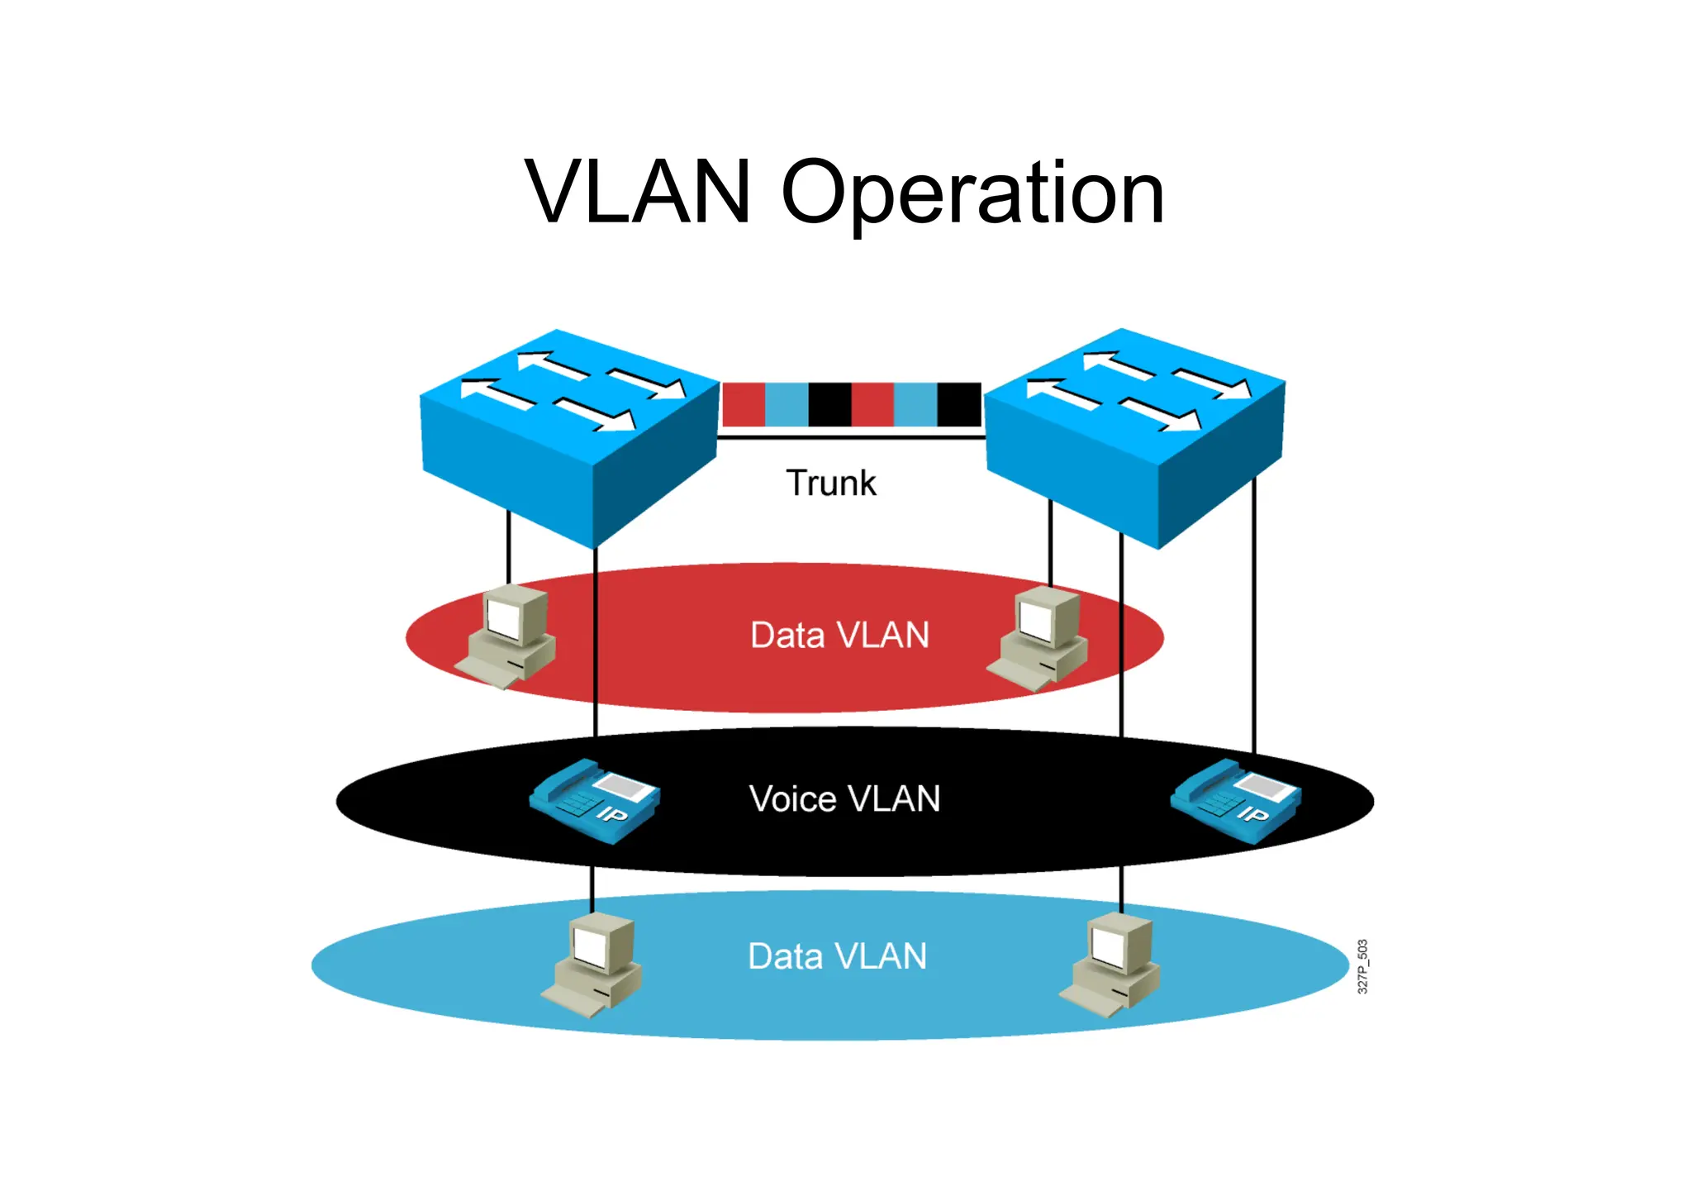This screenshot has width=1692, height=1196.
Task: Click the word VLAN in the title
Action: click(x=638, y=193)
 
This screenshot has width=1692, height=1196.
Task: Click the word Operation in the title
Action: click(x=972, y=194)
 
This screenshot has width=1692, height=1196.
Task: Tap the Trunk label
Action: click(x=830, y=483)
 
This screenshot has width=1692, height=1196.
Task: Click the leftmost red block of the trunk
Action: click(x=744, y=404)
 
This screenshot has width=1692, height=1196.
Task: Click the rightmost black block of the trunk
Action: click(x=958, y=404)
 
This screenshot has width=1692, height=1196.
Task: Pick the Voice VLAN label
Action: click(x=844, y=799)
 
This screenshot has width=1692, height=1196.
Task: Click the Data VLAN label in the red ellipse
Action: click(x=839, y=636)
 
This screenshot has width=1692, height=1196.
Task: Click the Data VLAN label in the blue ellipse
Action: click(x=837, y=956)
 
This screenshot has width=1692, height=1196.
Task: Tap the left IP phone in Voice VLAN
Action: click(x=594, y=800)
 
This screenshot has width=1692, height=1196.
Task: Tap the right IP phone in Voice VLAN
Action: click(x=1236, y=800)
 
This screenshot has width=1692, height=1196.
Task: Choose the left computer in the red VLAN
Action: click(x=506, y=636)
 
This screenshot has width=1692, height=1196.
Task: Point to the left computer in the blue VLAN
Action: click(x=592, y=965)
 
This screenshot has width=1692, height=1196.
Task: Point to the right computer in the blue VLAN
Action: click(x=1110, y=965)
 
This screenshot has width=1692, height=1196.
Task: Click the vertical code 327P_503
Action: click(x=1362, y=966)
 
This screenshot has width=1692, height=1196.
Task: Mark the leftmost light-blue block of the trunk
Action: click(x=787, y=404)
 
